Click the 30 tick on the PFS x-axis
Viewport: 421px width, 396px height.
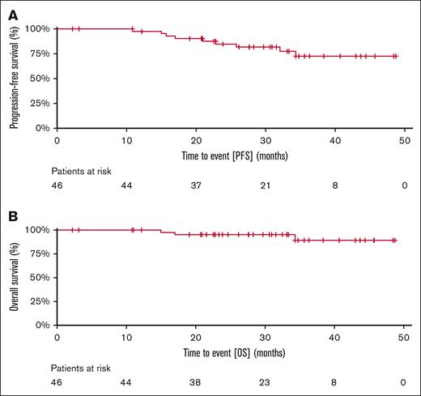click(x=265, y=140)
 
